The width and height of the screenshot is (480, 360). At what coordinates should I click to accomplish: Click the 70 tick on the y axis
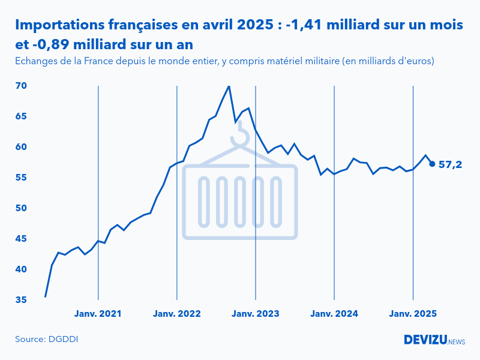tap(21, 86)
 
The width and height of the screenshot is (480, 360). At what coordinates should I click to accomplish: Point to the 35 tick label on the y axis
tap(21, 300)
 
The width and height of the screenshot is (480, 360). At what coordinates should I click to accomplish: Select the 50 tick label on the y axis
tap(21, 208)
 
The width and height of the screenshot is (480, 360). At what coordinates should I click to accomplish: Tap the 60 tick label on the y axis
tap(21, 147)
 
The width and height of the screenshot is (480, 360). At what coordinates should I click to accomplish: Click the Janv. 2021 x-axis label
tap(98, 314)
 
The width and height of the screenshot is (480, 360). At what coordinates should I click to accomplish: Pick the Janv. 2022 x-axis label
tap(177, 314)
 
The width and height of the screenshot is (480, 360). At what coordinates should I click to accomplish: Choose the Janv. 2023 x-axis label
tap(256, 314)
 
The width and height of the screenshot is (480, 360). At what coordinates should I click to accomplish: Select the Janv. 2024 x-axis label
tap(334, 314)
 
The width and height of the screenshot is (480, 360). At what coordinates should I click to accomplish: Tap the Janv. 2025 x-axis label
tap(413, 314)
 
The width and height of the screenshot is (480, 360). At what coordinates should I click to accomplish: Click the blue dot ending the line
tap(432, 164)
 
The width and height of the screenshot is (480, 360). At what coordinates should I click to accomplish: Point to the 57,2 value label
tap(450, 164)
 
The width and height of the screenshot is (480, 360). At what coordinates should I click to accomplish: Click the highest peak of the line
tap(229, 86)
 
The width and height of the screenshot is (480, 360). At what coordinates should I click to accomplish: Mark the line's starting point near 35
tap(46, 296)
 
